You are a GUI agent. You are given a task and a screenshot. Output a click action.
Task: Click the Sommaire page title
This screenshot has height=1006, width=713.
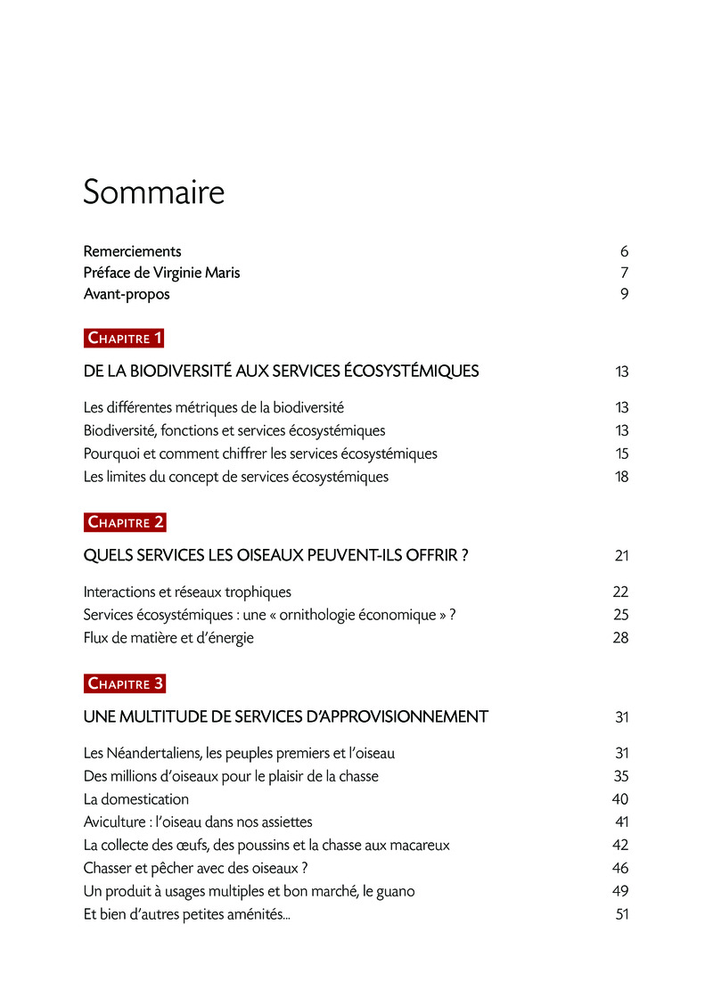(153, 192)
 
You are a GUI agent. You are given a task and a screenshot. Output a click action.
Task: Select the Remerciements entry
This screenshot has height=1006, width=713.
(132, 251)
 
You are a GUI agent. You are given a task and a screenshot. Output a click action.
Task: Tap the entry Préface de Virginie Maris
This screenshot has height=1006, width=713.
(161, 273)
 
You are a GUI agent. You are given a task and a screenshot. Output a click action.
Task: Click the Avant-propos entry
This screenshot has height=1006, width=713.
(127, 294)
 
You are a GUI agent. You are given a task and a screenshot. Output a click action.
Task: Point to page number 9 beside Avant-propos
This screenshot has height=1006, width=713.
(625, 294)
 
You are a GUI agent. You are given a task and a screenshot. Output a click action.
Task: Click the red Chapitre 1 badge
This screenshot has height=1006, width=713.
(125, 338)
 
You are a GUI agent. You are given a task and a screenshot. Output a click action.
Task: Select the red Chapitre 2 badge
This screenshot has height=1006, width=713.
(125, 522)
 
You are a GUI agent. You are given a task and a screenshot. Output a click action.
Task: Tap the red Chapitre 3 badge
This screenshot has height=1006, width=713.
(125, 683)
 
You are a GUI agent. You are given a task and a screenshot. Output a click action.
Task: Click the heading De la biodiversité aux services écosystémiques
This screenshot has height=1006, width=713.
(281, 372)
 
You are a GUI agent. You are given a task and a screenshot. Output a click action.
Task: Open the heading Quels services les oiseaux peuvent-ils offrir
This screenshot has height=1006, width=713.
(275, 556)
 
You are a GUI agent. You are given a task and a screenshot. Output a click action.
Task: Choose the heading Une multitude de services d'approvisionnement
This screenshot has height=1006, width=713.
(285, 716)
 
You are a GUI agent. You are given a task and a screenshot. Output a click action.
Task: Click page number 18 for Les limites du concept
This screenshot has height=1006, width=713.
(621, 477)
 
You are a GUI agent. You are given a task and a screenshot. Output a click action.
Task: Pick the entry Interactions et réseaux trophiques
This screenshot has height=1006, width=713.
(187, 592)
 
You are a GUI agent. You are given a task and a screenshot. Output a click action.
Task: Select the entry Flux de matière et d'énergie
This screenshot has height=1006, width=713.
(168, 638)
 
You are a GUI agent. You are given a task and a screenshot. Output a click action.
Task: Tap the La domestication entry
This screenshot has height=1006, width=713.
(136, 799)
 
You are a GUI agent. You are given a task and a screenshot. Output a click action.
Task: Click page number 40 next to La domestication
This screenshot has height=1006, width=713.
(620, 799)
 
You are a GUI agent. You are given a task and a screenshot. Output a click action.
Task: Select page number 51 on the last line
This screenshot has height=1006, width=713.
(622, 914)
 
